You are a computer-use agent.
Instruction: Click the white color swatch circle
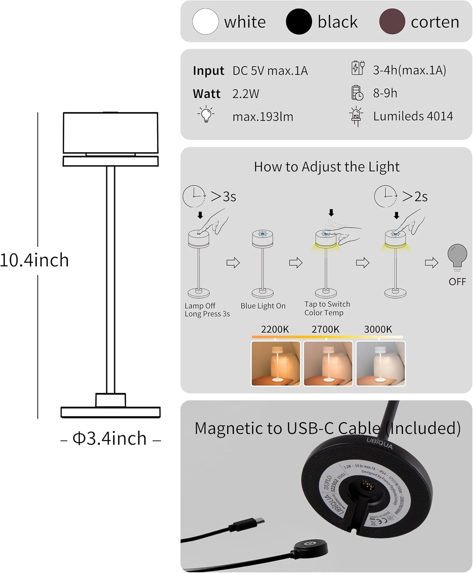tap(206, 22)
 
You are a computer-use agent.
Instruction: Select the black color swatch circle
tap(299, 22)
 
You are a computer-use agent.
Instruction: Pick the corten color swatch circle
tap(392, 22)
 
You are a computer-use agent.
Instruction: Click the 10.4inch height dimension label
tap(34, 261)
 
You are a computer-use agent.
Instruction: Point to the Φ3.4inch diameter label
tap(110, 439)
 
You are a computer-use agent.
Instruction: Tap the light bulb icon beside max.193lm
tap(206, 115)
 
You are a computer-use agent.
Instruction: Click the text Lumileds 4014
tap(413, 116)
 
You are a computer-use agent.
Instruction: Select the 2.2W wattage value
tap(246, 94)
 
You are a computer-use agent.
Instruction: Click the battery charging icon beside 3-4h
tap(358, 68)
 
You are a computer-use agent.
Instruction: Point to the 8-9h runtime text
tap(385, 93)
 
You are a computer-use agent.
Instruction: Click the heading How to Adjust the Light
tap(326, 167)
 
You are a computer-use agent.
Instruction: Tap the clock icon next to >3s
tap(194, 196)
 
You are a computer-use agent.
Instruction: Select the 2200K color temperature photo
tap(276, 363)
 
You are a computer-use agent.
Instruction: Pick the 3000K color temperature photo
tap(380, 363)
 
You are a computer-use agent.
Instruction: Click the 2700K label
tap(325, 329)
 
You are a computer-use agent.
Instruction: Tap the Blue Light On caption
tap(263, 306)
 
